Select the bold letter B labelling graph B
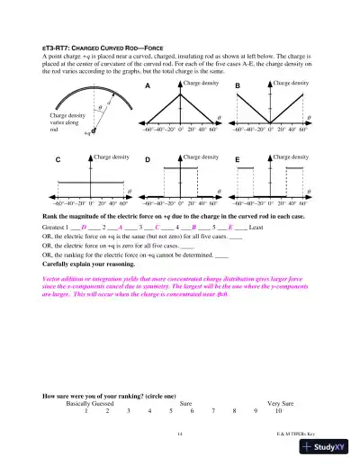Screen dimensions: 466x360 click(238, 85)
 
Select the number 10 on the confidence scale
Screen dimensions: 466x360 click(279, 413)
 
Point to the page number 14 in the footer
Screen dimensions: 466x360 click(180, 435)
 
